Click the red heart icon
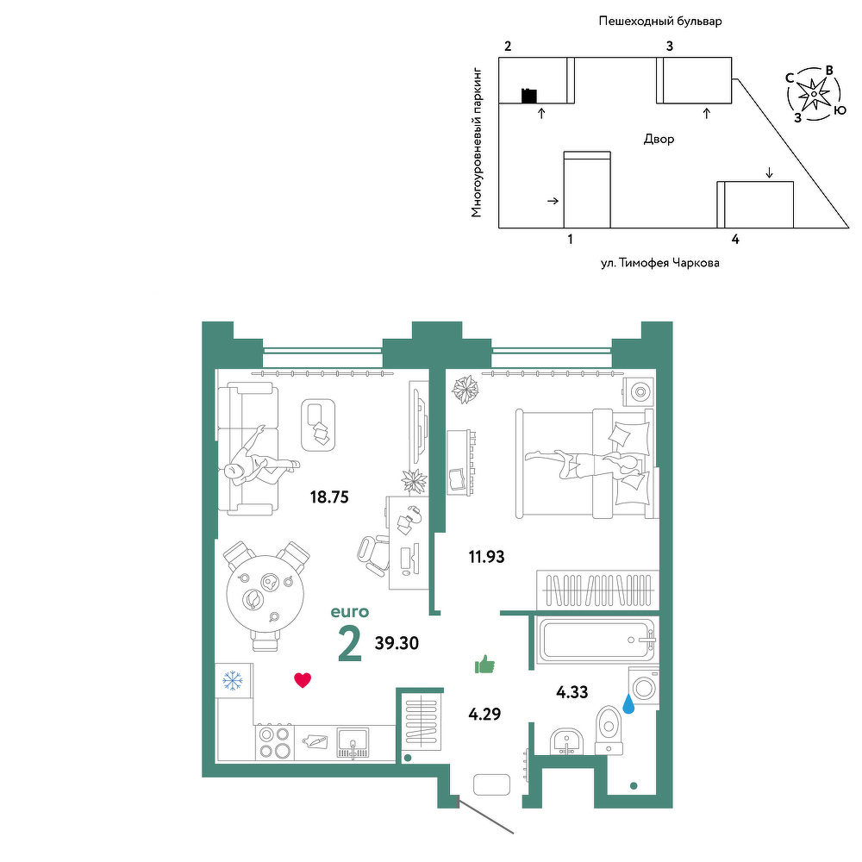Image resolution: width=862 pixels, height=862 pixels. (x=303, y=680)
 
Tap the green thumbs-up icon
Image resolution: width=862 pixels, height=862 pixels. (x=484, y=664)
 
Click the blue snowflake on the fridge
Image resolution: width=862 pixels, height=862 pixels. (x=233, y=681)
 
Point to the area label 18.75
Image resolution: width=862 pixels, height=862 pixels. (x=329, y=497)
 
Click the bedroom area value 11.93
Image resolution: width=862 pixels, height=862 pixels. (x=486, y=557)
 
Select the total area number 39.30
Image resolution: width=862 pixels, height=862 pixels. (x=397, y=643)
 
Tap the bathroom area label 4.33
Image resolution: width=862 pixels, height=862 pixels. (x=572, y=692)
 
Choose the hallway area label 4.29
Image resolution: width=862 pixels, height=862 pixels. (x=484, y=714)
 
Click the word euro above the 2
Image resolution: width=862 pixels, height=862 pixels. (x=350, y=612)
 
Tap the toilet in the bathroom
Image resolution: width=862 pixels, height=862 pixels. (x=609, y=730)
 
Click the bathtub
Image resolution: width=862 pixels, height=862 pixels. (x=597, y=640)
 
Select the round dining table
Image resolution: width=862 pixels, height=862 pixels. (x=265, y=596)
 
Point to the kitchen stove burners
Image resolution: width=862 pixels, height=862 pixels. (x=275, y=741)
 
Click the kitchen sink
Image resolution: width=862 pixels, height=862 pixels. (x=353, y=742)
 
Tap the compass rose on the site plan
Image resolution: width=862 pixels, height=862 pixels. (x=814, y=94)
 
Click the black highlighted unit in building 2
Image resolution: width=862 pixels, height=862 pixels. (x=529, y=96)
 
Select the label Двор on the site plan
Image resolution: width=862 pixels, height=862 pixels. (x=659, y=139)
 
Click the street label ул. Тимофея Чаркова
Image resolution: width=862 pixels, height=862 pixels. (x=659, y=263)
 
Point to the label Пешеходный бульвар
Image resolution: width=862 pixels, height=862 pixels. (x=660, y=22)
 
